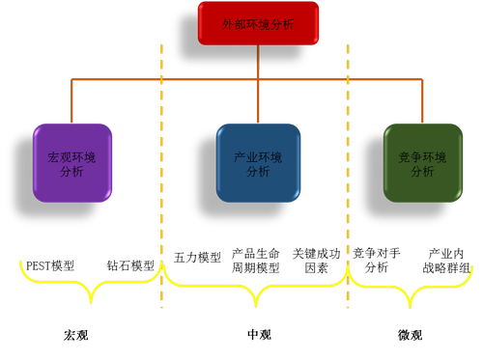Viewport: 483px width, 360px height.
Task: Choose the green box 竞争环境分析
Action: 422,161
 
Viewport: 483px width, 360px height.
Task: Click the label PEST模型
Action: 49,264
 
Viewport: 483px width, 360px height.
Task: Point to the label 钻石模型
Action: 129,264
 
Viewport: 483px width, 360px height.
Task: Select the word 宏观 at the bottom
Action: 76,335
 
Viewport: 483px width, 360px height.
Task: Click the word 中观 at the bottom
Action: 259,335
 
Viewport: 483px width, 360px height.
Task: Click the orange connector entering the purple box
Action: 70,106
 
